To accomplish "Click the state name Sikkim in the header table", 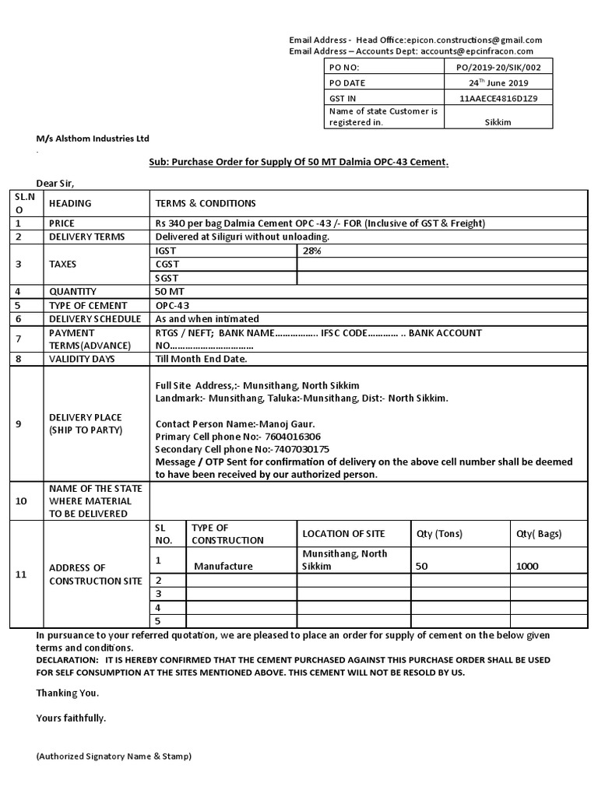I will point(498,123).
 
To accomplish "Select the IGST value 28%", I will point(311,251).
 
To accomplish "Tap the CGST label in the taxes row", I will point(167,264).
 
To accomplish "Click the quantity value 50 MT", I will point(171,291).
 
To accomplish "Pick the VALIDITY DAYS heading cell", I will point(82,359).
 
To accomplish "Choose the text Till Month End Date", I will point(201,359).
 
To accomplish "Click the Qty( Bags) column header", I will point(538,534).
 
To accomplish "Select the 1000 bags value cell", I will point(527,566).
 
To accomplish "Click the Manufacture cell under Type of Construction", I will point(223,566).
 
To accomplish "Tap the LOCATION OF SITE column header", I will point(343,534).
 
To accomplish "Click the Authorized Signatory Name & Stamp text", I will point(114,756).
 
